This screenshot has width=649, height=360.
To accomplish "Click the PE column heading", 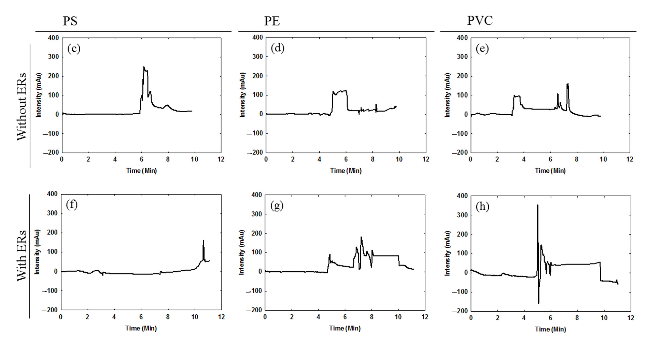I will tap(272, 21).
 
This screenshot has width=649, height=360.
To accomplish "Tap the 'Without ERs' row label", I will tap(22, 106).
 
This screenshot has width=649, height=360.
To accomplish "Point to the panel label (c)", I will tap(74, 48).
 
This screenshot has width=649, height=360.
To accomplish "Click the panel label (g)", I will tap(277, 206).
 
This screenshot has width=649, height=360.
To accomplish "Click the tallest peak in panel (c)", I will tap(144, 67).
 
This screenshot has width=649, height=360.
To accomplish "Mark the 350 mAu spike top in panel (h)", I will tap(537, 205).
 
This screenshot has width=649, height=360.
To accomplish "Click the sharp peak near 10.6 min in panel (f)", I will tap(203, 241).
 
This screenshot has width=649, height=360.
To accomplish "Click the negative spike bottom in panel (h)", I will tap(538, 303).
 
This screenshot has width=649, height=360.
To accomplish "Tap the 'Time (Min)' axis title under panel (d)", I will tap(346, 171).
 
